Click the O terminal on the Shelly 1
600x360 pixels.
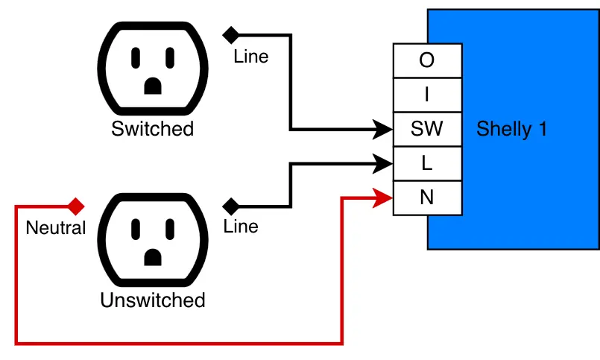[x=427, y=60]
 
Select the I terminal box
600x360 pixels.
[x=427, y=95]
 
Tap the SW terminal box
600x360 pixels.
[x=427, y=129]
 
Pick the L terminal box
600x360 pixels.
[x=427, y=163]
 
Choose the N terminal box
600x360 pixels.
[x=427, y=198]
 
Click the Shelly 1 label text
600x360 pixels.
[x=511, y=129]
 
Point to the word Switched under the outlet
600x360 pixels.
[x=152, y=129]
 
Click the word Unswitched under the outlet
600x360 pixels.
[x=152, y=300]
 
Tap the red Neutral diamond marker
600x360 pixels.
[x=75, y=206]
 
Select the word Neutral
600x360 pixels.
[x=56, y=228]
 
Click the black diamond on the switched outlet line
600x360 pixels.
[x=231, y=34]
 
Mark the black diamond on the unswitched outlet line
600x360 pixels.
[x=231, y=206]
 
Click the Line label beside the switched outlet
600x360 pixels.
[x=250, y=57]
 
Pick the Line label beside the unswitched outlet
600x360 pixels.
[x=241, y=227]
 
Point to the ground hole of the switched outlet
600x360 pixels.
[x=153, y=86]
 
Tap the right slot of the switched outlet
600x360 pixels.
[x=170, y=57]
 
